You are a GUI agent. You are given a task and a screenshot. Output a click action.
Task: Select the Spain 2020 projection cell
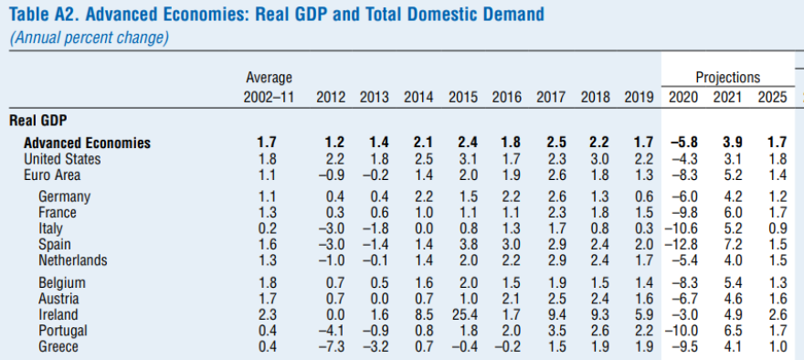(682, 245)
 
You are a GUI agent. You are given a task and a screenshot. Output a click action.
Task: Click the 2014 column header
(418, 97)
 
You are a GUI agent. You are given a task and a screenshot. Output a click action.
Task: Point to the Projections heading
(727, 78)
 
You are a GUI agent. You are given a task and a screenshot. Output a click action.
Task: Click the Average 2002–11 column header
(269, 88)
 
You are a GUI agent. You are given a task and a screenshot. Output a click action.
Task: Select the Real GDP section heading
(38, 120)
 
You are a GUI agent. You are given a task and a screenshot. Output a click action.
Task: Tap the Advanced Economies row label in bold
(87, 143)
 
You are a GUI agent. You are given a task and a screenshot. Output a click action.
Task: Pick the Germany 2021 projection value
(731, 196)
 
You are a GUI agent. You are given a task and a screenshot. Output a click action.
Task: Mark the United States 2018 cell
(594, 159)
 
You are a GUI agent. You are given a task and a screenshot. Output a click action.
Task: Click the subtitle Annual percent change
(90, 37)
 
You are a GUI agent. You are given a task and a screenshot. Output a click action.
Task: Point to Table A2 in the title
(44, 15)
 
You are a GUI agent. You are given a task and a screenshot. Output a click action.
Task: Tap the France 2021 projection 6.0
(731, 213)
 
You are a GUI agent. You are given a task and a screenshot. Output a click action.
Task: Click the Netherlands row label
(73, 260)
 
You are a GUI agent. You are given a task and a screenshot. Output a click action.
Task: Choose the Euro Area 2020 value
(685, 175)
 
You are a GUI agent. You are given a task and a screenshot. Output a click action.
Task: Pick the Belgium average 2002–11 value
(269, 282)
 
